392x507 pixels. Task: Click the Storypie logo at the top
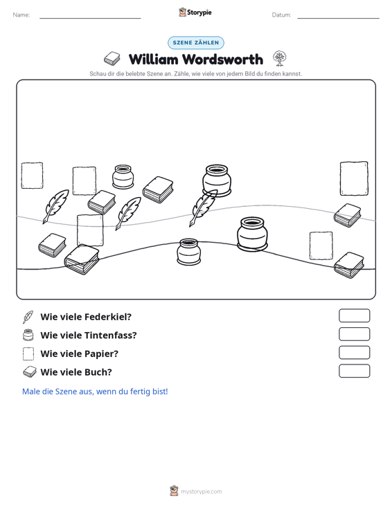coord(195,12)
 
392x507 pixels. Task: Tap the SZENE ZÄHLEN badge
coord(196,43)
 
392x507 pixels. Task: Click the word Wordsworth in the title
coord(222,59)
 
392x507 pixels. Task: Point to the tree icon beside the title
coord(279,59)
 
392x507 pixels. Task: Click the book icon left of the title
coord(112,59)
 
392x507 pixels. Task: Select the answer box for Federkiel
coord(354,315)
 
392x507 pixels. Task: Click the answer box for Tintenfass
coord(354,334)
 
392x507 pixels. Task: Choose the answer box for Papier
coord(354,353)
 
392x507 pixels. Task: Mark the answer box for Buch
coord(354,371)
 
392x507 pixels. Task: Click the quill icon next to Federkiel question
coord(28,317)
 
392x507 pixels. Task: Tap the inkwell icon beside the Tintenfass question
coord(28,335)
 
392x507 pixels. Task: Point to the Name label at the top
coord(21,15)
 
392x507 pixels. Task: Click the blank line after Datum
coord(338,18)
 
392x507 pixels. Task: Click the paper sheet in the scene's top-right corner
coord(354,178)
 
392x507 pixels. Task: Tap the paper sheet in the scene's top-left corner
coord(32,176)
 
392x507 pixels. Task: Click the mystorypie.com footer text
coord(202,492)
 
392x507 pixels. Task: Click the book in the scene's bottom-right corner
coord(349,265)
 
